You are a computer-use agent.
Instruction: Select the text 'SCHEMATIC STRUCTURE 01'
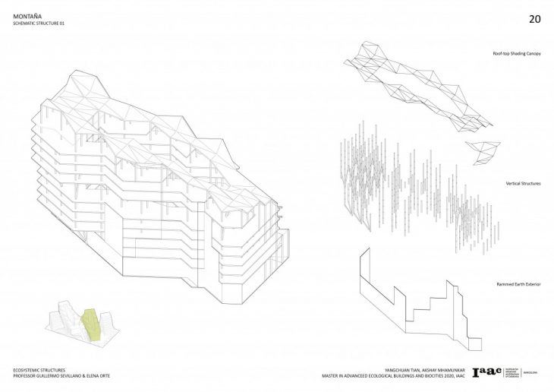44,24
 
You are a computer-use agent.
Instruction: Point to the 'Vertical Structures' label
522,183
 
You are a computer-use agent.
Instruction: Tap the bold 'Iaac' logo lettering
486,372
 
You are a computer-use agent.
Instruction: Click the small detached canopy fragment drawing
480,151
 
